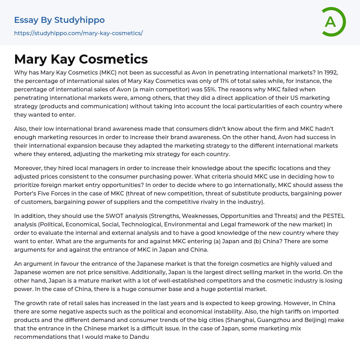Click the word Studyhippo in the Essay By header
point(79,20)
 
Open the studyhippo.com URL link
point(78,33)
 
